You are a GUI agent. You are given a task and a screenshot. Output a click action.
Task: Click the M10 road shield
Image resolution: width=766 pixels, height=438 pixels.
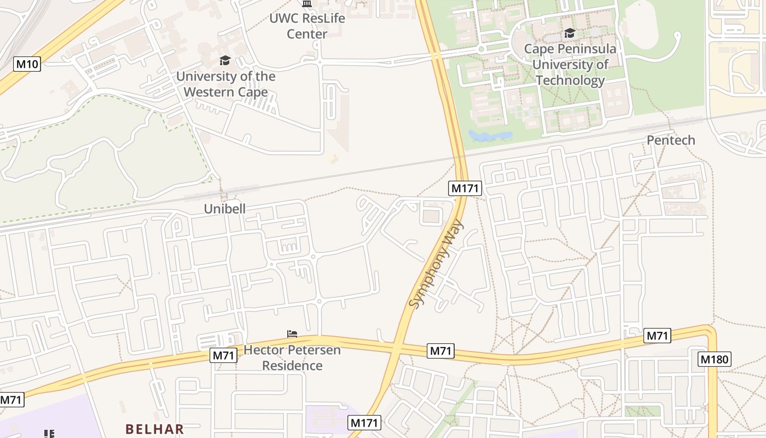[x=27, y=64]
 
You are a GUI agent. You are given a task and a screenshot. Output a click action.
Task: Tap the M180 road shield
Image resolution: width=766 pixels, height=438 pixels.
[x=715, y=359]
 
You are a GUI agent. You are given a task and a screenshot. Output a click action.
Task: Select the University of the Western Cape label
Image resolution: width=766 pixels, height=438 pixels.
[x=225, y=84]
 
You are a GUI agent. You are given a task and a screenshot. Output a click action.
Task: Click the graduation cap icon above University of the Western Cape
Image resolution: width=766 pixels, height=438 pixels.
[x=225, y=60]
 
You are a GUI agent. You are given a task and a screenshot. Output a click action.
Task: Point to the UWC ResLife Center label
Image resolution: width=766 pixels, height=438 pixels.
[x=307, y=26]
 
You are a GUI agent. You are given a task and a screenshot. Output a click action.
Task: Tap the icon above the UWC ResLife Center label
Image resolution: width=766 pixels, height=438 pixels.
[x=307, y=4]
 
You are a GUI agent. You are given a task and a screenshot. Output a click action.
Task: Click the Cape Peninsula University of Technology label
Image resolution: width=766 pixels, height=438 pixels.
[x=570, y=64]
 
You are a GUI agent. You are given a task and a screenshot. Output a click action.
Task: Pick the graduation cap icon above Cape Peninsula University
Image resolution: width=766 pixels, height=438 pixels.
[x=570, y=33]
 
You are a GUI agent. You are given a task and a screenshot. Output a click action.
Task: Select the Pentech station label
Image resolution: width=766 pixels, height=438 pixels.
[x=671, y=140]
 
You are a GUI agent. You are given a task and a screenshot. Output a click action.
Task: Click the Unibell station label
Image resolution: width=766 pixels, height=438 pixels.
[x=224, y=209]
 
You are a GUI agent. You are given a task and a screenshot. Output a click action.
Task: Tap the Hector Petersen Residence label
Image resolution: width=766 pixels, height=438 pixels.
[x=292, y=358]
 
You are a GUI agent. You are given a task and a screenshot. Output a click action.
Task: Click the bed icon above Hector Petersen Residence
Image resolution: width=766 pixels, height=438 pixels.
[x=292, y=333]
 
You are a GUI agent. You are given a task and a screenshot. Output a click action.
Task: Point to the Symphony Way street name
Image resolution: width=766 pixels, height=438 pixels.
[x=436, y=264]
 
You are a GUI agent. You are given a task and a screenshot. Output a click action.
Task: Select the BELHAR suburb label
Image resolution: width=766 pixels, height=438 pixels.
[x=155, y=429]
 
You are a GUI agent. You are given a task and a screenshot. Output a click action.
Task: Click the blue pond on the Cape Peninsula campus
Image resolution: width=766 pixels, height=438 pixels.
[x=490, y=135]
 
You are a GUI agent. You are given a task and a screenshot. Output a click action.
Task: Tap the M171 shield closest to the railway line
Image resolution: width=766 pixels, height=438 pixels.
[x=465, y=188]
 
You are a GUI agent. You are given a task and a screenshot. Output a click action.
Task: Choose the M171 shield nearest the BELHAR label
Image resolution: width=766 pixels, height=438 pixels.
[x=364, y=423]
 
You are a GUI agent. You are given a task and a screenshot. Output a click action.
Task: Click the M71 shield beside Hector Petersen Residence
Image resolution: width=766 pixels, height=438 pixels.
[x=223, y=355]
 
